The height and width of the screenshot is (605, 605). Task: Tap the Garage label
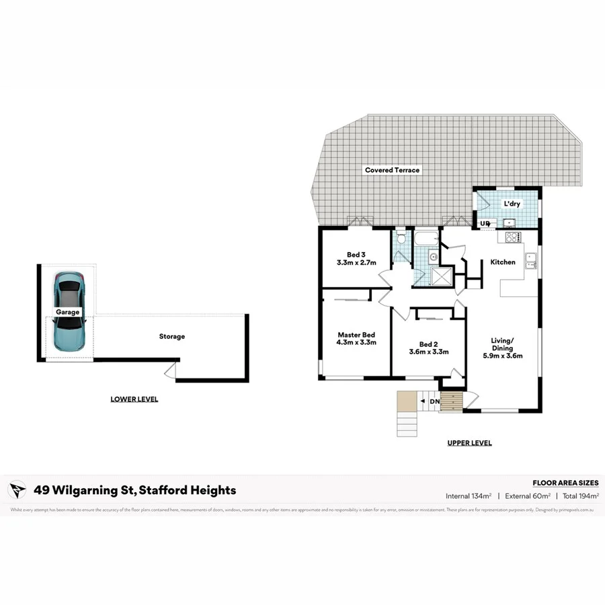coord(68,312)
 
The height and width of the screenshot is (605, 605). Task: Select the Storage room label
coord(171,336)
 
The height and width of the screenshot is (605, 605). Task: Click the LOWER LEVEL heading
coord(134,399)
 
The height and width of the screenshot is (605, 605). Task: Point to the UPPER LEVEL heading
coord(469,443)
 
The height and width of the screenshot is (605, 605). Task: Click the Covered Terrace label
coord(392,170)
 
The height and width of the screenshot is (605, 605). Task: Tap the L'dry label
coord(512,203)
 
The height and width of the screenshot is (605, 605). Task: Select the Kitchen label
coord(503,262)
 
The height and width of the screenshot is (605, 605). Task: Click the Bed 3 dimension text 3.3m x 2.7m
coord(356,263)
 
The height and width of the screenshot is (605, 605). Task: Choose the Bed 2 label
coord(428,343)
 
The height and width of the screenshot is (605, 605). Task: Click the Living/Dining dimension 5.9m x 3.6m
coord(502,356)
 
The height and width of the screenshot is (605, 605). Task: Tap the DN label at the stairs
coord(434,402)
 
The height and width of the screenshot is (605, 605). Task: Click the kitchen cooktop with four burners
coord(512,237)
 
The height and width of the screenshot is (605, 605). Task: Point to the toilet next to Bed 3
coord(401,238)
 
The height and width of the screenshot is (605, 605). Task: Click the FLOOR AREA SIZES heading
coord(565,483)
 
